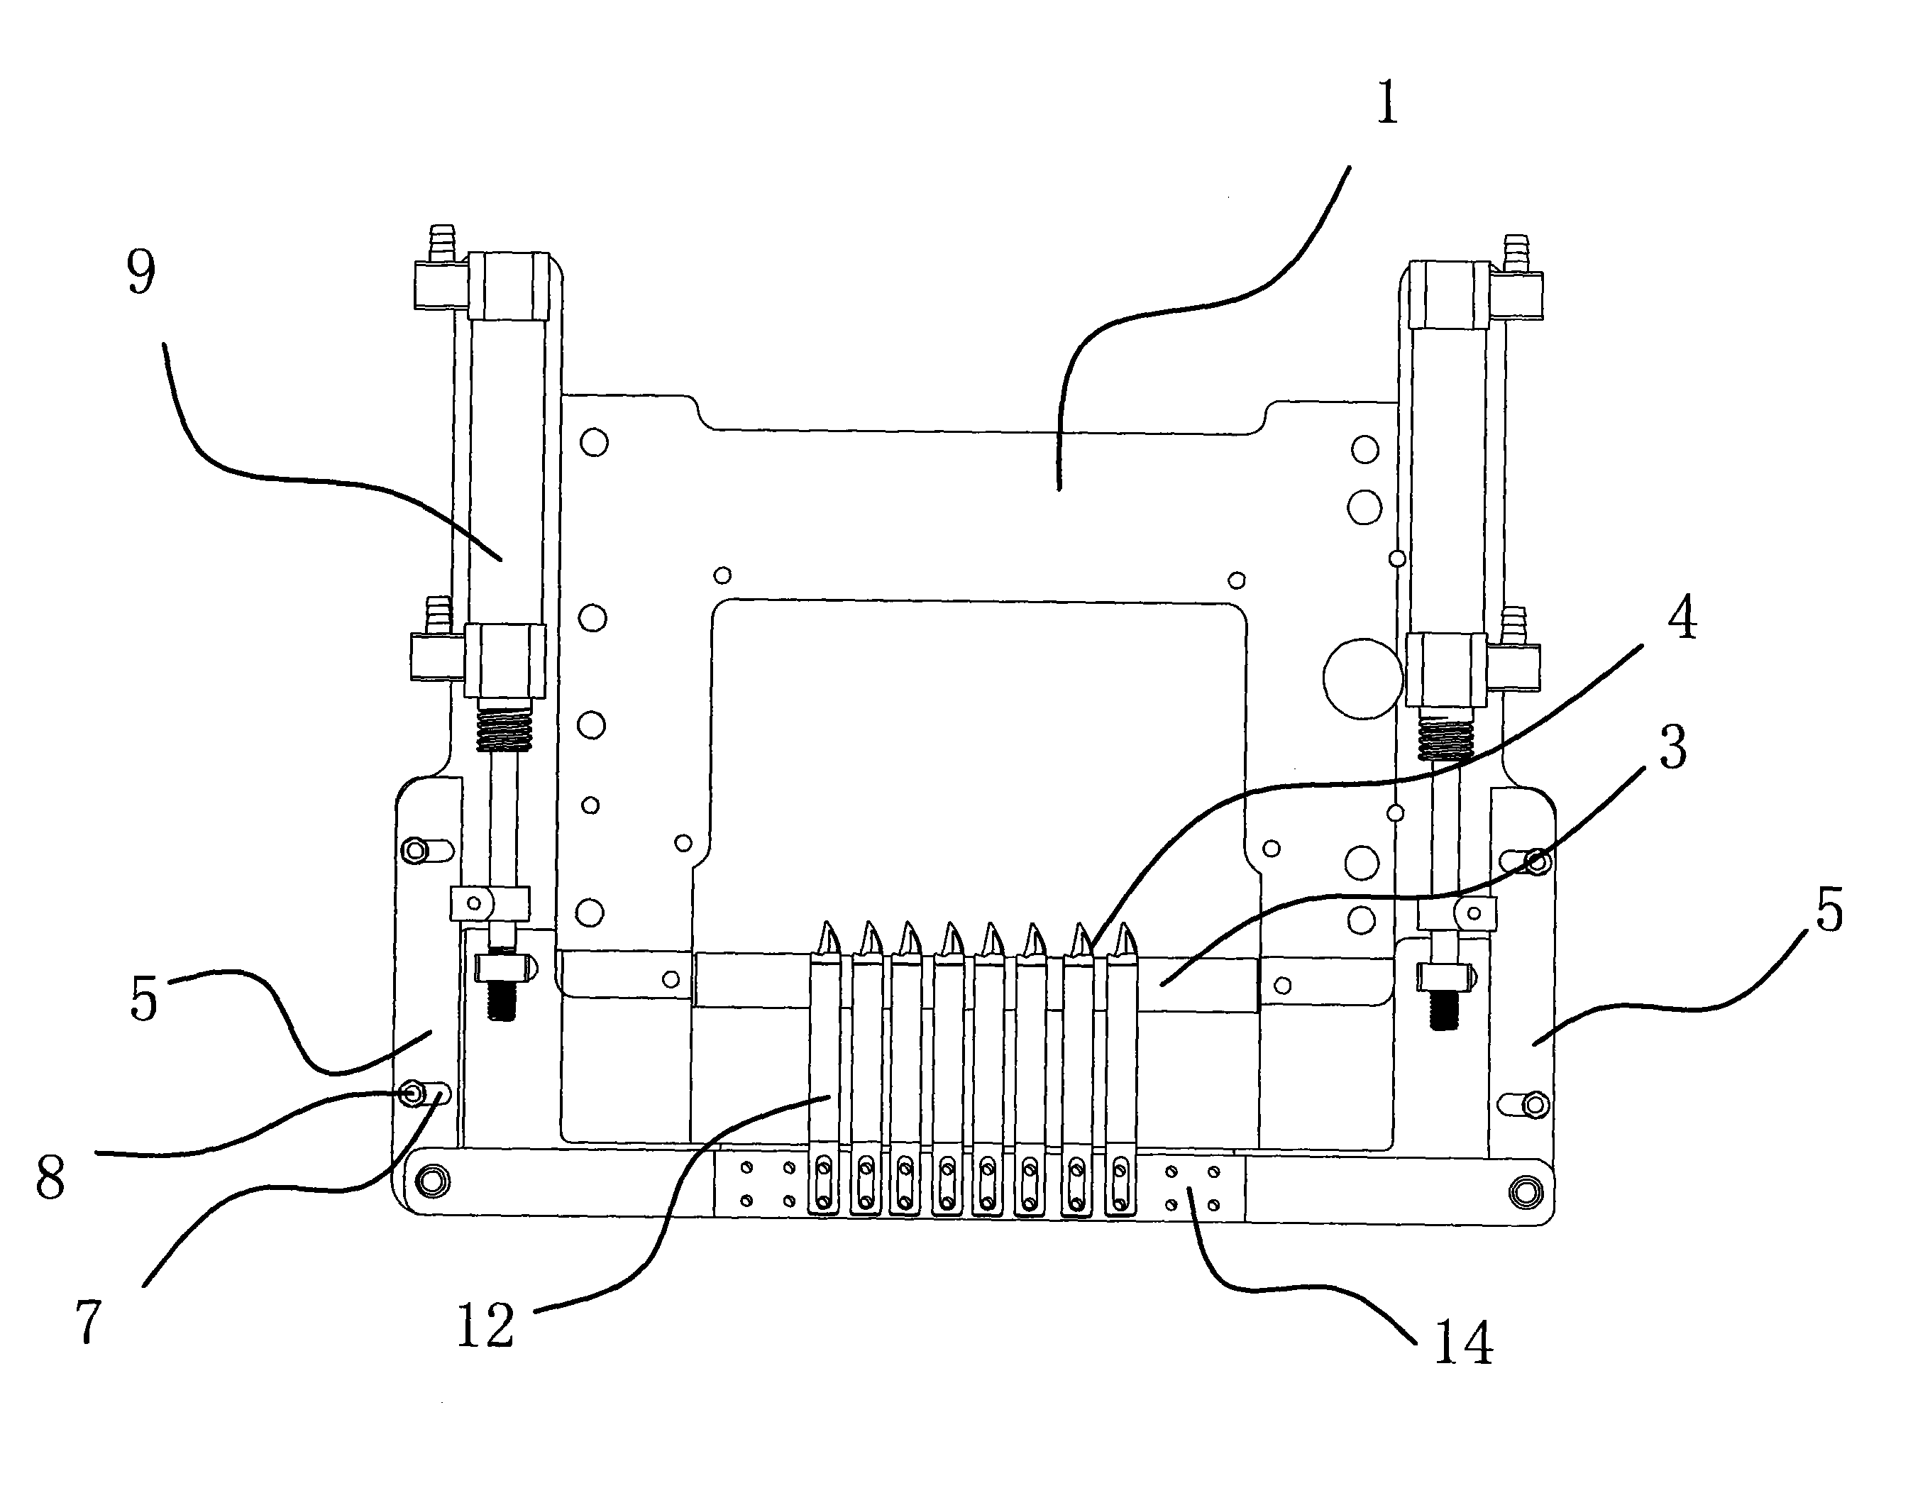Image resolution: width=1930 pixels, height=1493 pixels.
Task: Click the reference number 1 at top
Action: click(1386, 103)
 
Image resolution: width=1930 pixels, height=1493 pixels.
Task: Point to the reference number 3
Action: click(1673, 747)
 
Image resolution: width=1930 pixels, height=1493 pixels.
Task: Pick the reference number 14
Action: click(1462, 1343)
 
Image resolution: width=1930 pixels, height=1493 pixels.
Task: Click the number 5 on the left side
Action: click(143, 999)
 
